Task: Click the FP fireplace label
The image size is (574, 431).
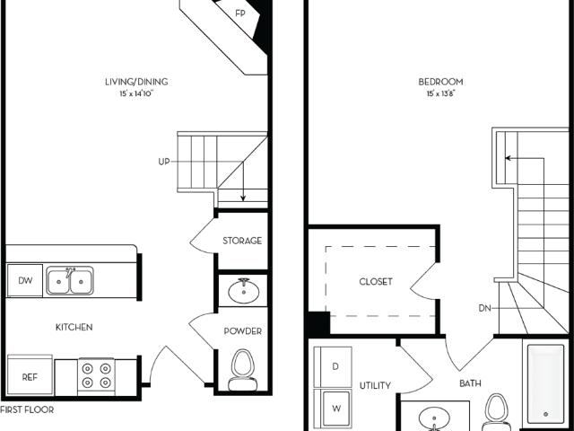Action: (240, 13)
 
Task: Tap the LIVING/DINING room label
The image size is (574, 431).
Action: (136, 82)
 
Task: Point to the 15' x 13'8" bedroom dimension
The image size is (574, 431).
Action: (440, 93)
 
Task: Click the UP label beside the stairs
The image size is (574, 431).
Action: (164, 162)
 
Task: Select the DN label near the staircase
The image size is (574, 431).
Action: (484, 308)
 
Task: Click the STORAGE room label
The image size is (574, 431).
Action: (242, 241)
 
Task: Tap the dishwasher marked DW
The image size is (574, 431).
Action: (25, 280)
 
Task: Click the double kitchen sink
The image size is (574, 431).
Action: (70, 281)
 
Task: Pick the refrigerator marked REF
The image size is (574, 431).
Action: (30, 375)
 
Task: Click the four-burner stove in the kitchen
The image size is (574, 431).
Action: (96, 376)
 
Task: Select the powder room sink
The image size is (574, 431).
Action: (243, 291)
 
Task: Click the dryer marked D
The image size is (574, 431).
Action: (333, 367)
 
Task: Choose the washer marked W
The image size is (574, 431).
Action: (333, 409)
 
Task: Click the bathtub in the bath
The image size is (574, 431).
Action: (545, 384)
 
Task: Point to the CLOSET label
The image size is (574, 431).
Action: (376, 281)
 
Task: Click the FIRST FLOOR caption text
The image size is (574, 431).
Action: (27, 409)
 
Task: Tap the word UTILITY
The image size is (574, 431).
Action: (375, 385)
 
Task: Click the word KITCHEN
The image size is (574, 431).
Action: (74, 327)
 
